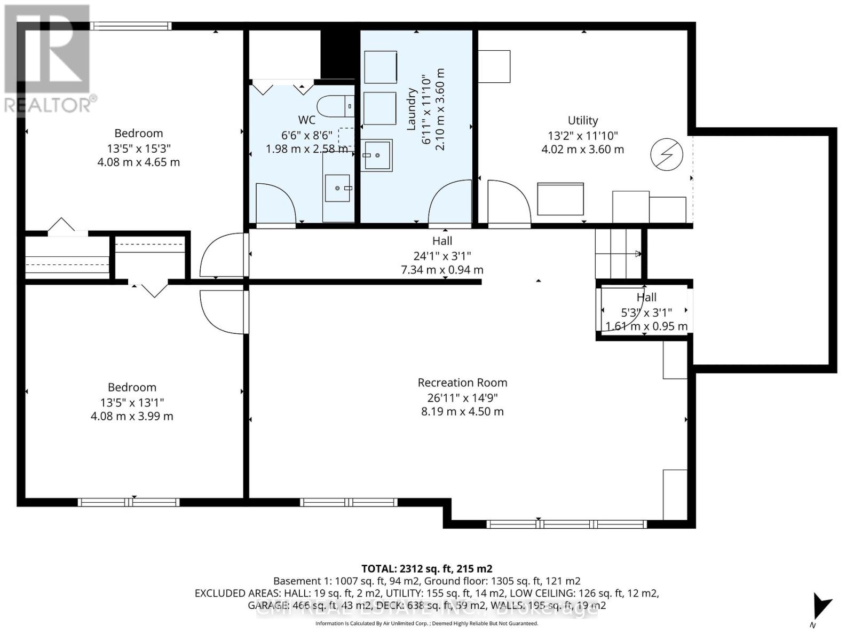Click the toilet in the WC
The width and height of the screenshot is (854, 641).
335,106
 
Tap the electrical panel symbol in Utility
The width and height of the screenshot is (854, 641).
667,155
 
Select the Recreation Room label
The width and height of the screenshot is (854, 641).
462,382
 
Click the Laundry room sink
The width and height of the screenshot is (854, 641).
377,155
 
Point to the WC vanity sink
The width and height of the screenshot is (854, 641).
338,188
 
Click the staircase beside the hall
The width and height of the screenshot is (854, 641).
618,254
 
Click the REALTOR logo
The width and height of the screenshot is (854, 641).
48,59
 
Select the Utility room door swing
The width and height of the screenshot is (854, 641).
509,204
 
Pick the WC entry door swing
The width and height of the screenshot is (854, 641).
275,204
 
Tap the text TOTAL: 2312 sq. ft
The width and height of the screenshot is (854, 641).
426,569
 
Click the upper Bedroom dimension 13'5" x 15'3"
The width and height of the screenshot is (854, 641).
139,148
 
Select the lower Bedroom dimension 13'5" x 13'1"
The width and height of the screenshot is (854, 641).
132,402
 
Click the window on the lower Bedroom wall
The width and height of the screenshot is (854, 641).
129,502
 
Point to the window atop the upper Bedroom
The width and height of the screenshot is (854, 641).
130,26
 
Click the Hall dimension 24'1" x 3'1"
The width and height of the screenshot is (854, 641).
442,256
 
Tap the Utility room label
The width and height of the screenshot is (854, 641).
582,121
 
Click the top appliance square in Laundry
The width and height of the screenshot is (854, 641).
380,67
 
